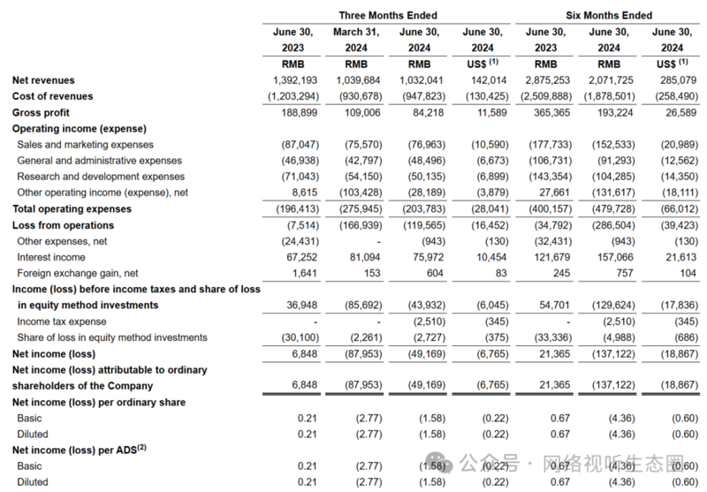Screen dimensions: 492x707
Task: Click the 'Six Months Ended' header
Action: tap(609, 15)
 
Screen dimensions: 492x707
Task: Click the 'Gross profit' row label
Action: tap(41, 112)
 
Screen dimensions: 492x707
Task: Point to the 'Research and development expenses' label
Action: tap(101, 177)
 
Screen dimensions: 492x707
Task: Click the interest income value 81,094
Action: tap(362, 257)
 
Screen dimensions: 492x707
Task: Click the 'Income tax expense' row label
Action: tap(61, 322)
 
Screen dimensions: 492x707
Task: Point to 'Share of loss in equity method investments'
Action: tap(112, 337)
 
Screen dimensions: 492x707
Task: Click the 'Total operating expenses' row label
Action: tap(72, 208)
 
